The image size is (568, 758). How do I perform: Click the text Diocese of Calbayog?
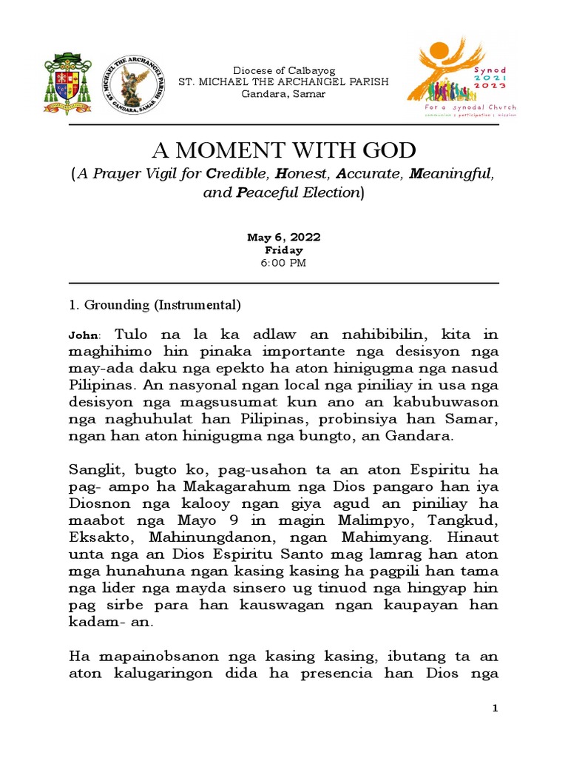point(284,70)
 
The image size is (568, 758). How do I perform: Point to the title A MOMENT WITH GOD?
point(284,151)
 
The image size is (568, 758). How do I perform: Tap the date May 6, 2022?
point(284,238)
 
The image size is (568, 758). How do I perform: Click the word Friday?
point(284,250)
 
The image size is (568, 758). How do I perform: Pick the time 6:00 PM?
point(284,263)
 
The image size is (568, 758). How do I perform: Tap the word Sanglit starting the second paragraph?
point(96,472)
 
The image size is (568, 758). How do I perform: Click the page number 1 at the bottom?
point(496,710)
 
